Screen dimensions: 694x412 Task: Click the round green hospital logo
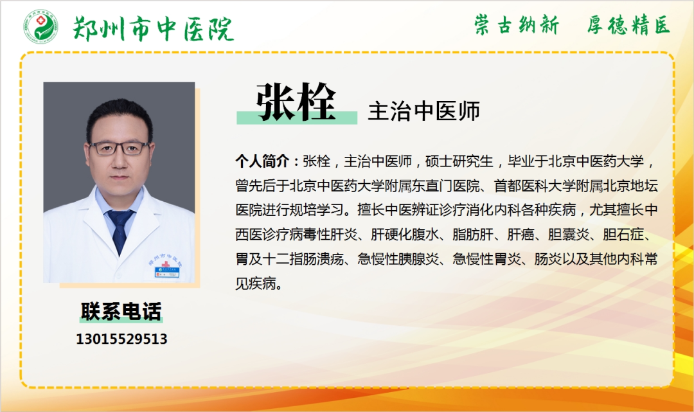[40, 26]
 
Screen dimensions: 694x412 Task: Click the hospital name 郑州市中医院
[153, 29]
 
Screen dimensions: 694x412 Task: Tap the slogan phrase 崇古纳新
[517, 24]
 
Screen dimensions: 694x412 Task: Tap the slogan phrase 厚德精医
[628, 24]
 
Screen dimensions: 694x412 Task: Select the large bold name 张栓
[296, 102]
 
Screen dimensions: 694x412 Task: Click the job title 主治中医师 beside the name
[424, 111]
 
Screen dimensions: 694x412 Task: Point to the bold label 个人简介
[262, 161]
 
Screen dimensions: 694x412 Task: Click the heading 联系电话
[121, 311]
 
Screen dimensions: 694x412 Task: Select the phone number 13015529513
[121, 339]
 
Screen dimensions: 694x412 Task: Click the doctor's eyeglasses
[120, 148]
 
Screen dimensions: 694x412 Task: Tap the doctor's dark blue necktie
[120, 231]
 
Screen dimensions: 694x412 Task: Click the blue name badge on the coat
[167, 272]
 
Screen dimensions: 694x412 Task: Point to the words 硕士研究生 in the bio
[459, 161]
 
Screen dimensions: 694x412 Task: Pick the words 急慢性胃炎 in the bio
[486, 258]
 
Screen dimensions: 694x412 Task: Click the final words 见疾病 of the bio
[256, 283]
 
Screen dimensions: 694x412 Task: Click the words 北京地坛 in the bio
[630, 185]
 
